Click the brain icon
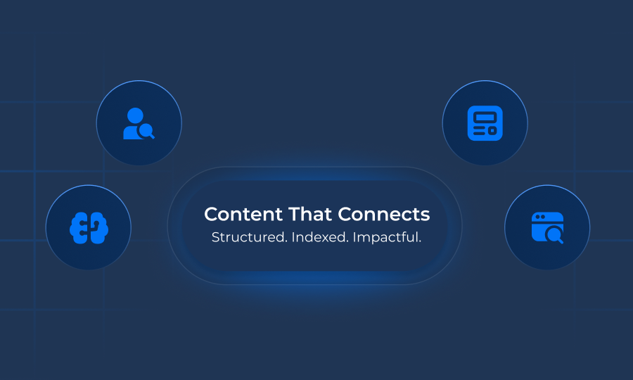pos(88,227)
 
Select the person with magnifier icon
pos(139,123)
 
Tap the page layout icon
pos(485,123)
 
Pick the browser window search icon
pos(547,227)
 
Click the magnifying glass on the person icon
pos(146,130)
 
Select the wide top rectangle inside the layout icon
pos(485,116)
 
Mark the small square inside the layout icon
pos(492,130)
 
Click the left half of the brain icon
pos(79,227)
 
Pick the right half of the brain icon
pos(96,227)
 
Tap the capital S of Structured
pos(215,237)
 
